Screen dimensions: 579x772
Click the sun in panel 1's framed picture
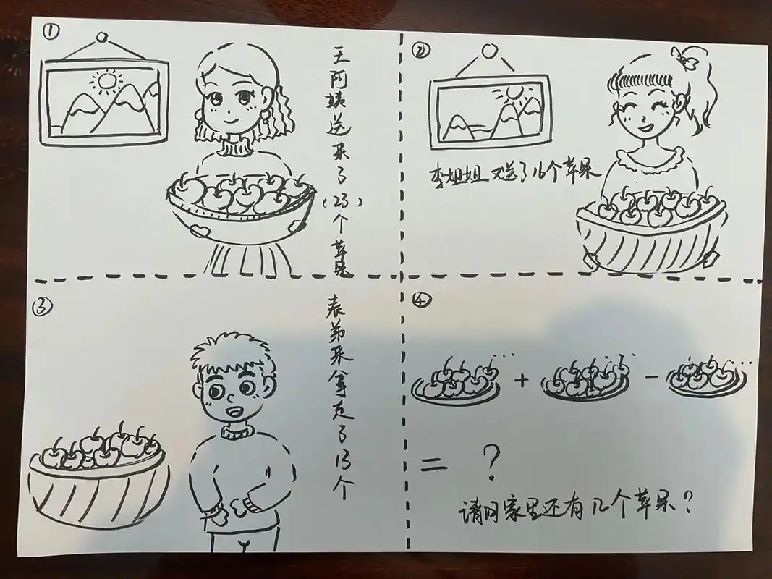click(x=108, y=79)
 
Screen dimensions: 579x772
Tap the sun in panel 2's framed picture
click(x=514, y=92)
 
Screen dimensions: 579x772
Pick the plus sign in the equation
click(x=523, y=379)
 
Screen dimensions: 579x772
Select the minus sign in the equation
click(x=648, y=380)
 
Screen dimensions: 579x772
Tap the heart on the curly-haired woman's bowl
click(x=197, y=230)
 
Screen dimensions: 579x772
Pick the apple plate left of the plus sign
click(x=456, y=384)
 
